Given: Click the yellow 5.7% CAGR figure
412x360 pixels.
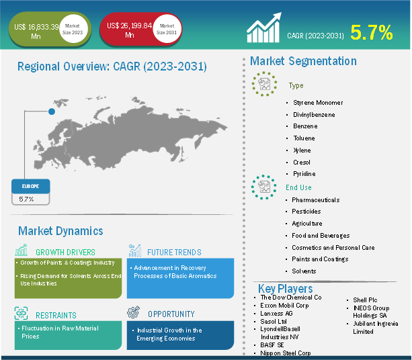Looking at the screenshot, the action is [372, 32].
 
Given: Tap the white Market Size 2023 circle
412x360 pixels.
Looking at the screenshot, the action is [73, 29].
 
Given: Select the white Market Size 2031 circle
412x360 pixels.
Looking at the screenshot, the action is [167, 29].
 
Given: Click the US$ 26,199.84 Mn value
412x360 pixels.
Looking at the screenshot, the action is [129, 30].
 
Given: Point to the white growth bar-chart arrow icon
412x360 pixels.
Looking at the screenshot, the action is [264, 28].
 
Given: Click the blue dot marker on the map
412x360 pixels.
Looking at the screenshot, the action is [52, 111].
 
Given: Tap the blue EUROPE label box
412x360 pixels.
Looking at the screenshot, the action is [31, 186].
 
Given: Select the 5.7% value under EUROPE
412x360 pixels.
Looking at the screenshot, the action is [26, 199].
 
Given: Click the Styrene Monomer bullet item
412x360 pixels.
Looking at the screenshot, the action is [318, 103].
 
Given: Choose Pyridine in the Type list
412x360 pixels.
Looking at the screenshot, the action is [304, 174].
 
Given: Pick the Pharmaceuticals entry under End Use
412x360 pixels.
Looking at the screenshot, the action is [316, 200].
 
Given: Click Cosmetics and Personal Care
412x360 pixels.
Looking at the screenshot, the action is [333, 248].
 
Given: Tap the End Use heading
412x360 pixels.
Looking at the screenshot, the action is [298, 187].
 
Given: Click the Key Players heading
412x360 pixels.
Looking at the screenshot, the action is [286, 289].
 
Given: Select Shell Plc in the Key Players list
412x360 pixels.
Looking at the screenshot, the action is [365, 300].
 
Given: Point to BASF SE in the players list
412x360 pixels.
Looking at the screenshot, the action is [272, 345].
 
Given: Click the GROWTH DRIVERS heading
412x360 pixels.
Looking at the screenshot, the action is [65, 253].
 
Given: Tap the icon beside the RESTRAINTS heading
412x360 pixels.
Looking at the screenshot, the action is [21, 313].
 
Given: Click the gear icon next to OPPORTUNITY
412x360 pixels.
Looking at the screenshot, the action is [134, 312].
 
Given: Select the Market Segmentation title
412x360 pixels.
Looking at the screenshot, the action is [303, 61].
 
